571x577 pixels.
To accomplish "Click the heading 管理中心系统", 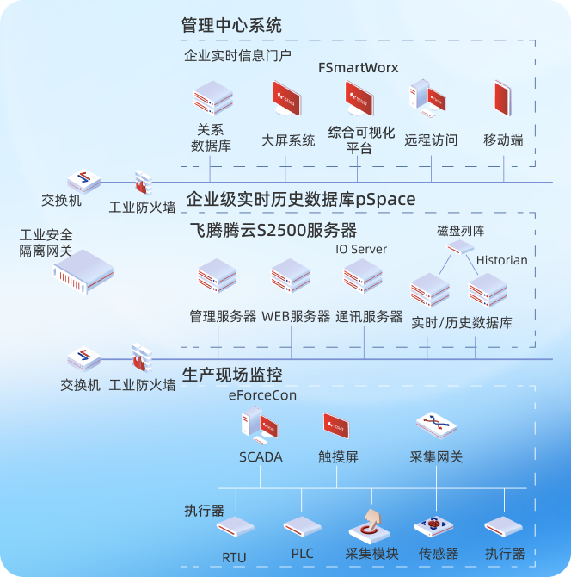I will [x=232, y=25].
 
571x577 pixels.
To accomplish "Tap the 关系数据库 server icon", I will [x=212, y=99].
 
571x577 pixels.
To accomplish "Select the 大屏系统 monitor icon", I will [x=288, y=100].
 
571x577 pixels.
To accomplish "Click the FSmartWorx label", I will [x=359, y=67].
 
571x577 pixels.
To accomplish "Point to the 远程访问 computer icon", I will [x=430, y=99].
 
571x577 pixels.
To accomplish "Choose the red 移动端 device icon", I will [x=503, y=100].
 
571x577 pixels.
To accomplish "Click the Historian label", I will [x=502, y=260].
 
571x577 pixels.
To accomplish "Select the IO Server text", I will [x=361, y=250].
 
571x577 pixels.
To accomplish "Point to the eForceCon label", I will [x=261, y=396].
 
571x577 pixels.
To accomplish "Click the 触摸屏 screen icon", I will [x=338, y=425].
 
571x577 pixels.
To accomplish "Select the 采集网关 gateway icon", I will [x=436, y=424].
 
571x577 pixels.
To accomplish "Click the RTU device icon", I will [x=234, y=526].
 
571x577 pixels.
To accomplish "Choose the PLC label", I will [x=302, y=553].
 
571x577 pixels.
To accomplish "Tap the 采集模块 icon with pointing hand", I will [x=371, y=524].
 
